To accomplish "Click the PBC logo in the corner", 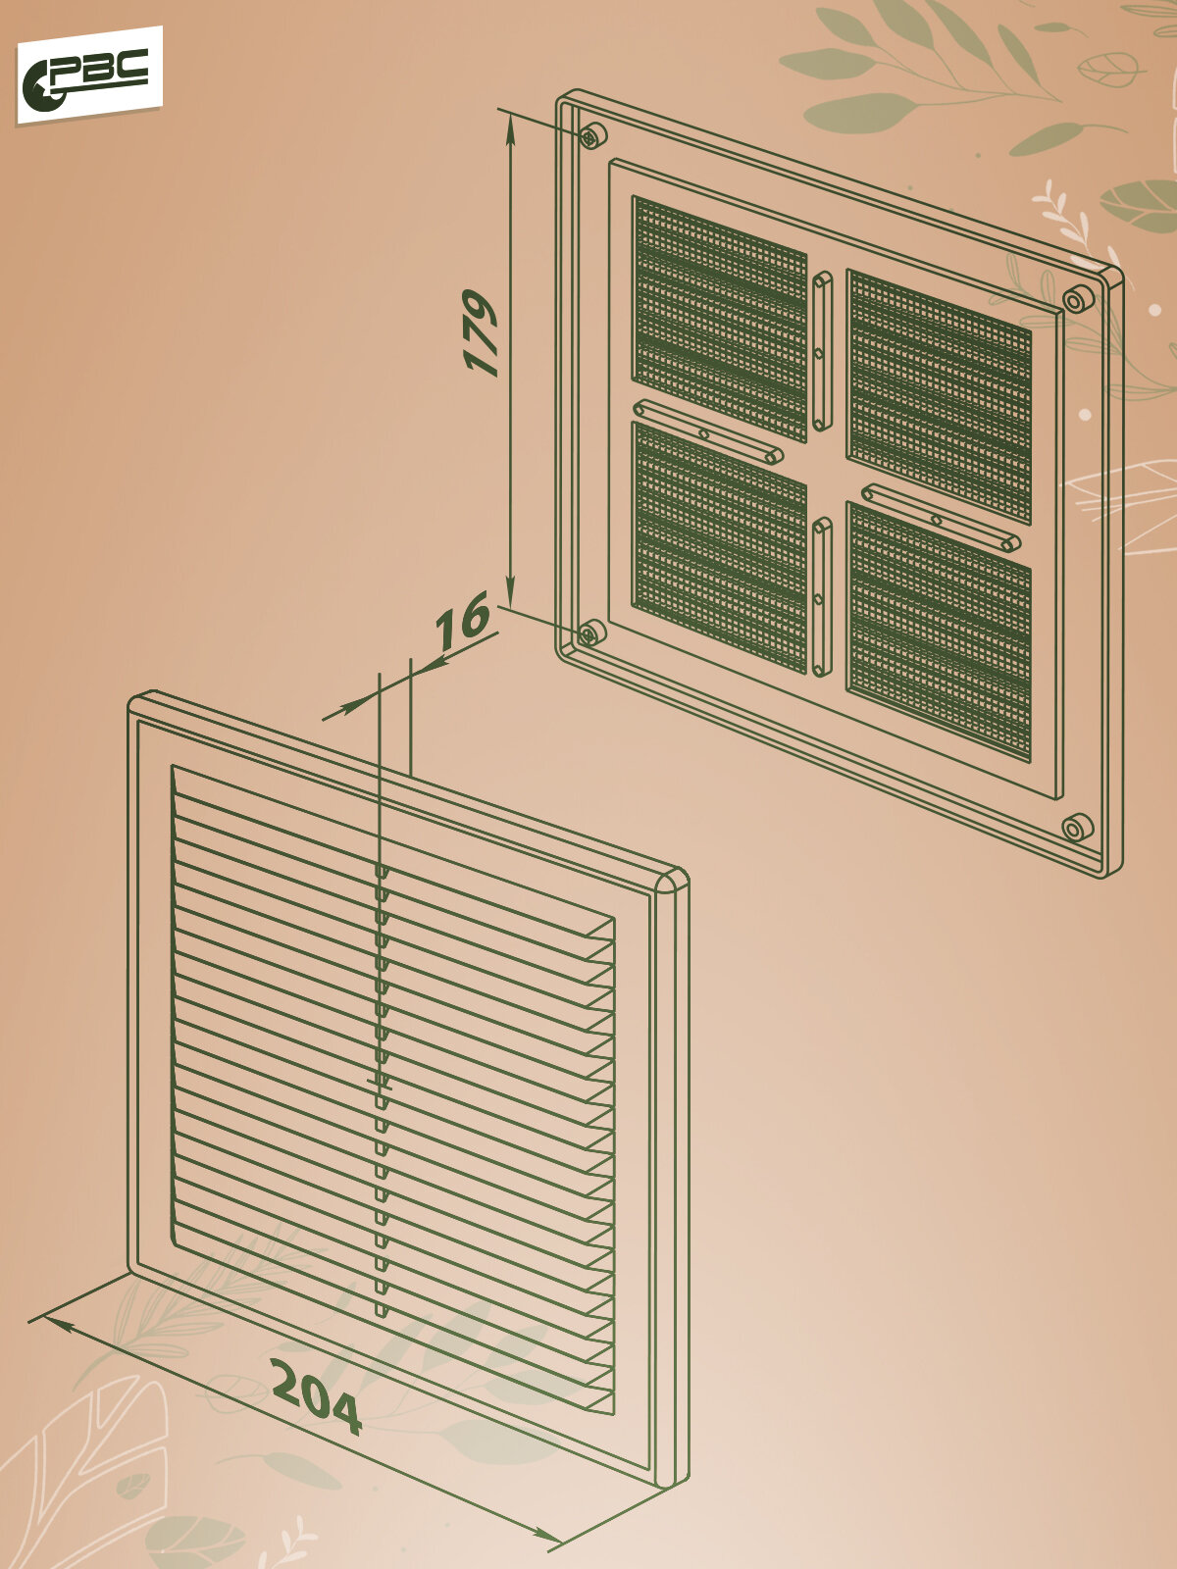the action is pyautogui.click(x=87, y=76).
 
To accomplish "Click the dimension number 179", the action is pyautogui.click(x=481, y=332).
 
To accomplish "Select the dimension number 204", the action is pyautogui.click(x=316, y=1396).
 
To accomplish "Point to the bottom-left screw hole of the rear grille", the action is pyautogui.click(x=589, y=633).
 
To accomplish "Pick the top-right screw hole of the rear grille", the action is pyautogui.click(x=1075, y=299).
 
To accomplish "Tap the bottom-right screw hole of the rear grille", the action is pyautogui.click(x=1074, y=828).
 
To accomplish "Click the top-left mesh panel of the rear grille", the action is pyautogui.click(x=719, y=317).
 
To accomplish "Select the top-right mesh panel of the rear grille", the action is pyautogui.click(x=939, y=394).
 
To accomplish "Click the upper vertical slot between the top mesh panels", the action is pyautogui.click(x=822, y=350).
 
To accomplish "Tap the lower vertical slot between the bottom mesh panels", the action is pyautogui.click(x=822, y=597).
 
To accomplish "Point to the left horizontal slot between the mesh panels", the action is pyautogui.click(x=707, y=431).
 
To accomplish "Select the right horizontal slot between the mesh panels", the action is pyautogui.click(x=940, y=518).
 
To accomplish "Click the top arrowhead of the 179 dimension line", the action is pyautogui.click(x=510, y=123).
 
